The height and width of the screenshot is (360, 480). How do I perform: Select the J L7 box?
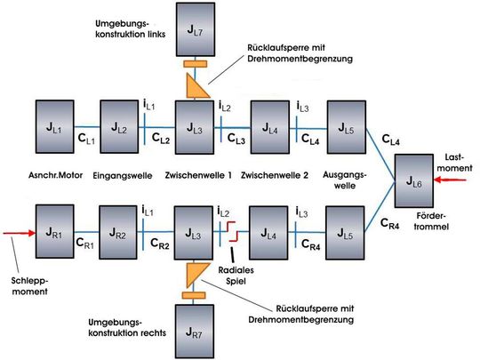pyautogui.click(x=195, y=30)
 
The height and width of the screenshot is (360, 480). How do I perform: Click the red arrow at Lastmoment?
pyautogui.click(x=451, y=177)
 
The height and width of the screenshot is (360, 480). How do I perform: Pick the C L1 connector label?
pyautogui.click(x=86, y=139)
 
